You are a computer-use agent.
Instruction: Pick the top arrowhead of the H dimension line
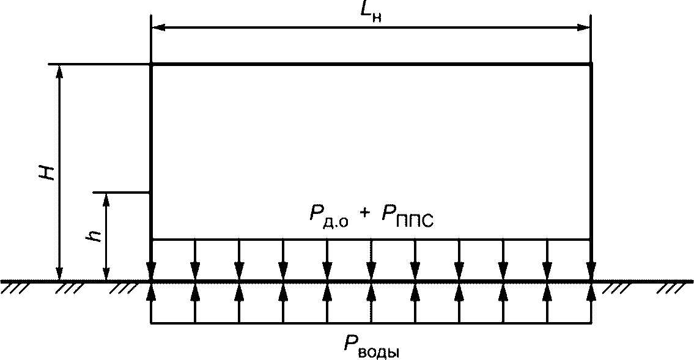tap(59, 70)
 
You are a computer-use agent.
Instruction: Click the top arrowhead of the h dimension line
tap(106, 199)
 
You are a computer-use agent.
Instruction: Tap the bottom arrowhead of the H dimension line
tap(59, 274)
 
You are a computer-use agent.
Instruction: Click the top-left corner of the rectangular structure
tap(151, 64)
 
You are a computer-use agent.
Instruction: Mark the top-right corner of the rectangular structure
tap(591, 64)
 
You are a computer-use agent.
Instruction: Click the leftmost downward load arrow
tap(151, 269)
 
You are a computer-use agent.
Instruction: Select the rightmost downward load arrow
tap(591, 269)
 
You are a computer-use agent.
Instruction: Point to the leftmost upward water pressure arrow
tap(151, 293)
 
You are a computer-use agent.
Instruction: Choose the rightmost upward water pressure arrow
tap(591, 293)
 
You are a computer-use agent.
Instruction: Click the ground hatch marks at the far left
tap(13, 287)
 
